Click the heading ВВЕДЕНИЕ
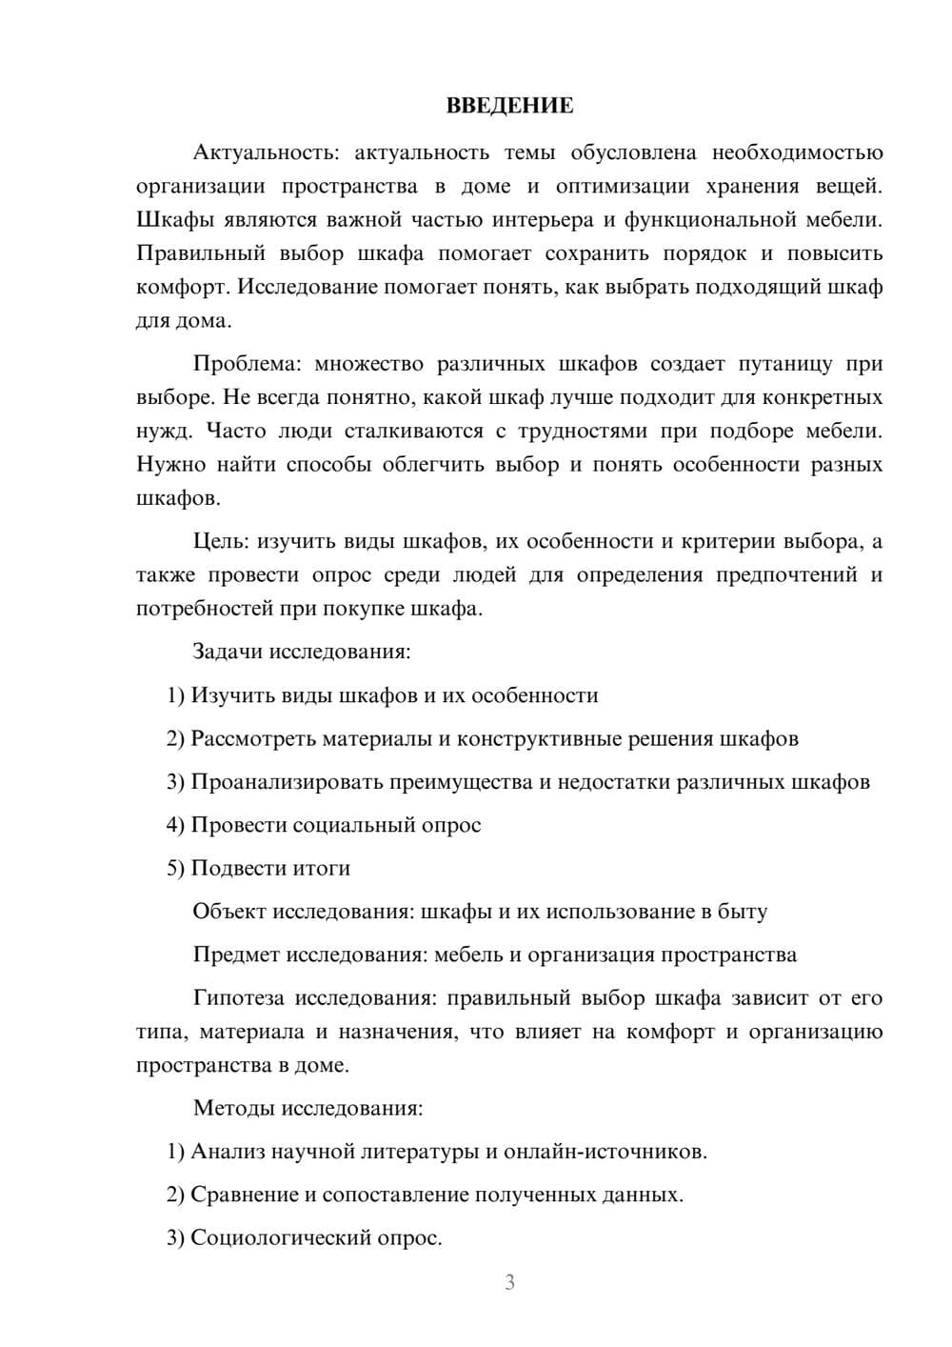(x=509, y=106)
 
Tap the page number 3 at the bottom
(x=509, y=1282)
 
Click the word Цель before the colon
(x=220, y=542)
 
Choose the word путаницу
(x=787, y=364)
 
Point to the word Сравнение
(x=244, y=1195)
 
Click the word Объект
(x=229, y=912)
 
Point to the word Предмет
(x=236, y=955)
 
